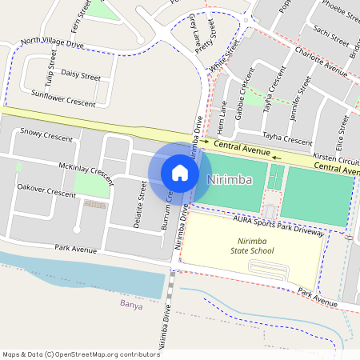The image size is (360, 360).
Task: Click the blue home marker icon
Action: [x=180, y=172]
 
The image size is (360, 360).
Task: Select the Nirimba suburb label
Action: [x=230, y=180]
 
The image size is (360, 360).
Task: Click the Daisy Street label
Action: [x=81, y=75]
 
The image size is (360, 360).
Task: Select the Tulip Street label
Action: [x=52, y=70]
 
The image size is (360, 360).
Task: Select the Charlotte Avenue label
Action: [x=321, y=64]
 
